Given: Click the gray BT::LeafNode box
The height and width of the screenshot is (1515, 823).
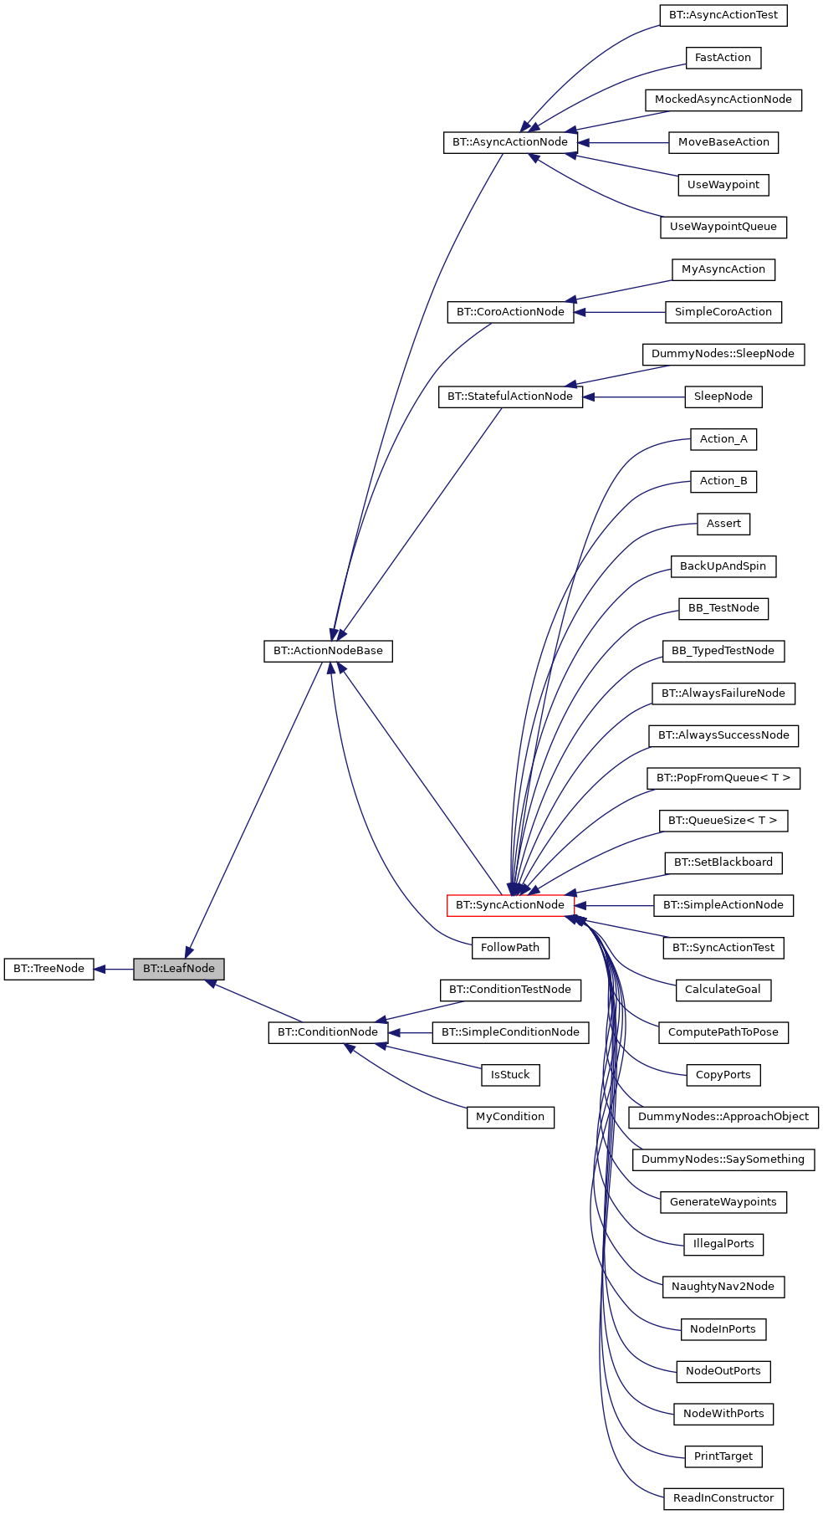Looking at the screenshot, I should tap(178, 969).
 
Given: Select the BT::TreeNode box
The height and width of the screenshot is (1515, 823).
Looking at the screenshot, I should tap(49, 969).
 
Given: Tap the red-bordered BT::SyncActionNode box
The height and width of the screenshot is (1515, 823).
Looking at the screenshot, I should tap(510, 905).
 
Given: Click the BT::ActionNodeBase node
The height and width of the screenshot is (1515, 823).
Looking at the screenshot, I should tap(328, 651).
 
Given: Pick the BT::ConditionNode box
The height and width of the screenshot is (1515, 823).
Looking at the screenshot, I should tap(328, 1032).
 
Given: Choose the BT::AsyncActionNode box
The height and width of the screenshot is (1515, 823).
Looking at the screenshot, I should tap(510, 142).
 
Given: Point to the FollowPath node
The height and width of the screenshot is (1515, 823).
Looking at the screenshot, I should tap(510, 948).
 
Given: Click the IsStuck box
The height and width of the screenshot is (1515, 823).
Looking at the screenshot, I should tap(510, 1075).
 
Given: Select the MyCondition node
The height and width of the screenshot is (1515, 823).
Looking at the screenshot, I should tap(510, 1117).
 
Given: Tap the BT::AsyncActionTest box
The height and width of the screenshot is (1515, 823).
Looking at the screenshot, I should tap(723, 15).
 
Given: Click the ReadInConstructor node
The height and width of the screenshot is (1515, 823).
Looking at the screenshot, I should tap(723, 1498).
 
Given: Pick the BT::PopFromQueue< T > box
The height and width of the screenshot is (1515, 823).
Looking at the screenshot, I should tap(723, 778).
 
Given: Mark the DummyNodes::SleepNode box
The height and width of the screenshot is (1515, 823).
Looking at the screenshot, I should tap(723, 354).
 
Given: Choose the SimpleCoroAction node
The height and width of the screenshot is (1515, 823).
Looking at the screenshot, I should tap(723, 312).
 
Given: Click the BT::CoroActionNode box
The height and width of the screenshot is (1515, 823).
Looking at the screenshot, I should tap(510, 312).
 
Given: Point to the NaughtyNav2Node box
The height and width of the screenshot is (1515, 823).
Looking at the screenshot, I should tap(723, 1287).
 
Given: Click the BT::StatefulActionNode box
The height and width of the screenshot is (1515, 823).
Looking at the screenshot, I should tap(510, 397).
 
